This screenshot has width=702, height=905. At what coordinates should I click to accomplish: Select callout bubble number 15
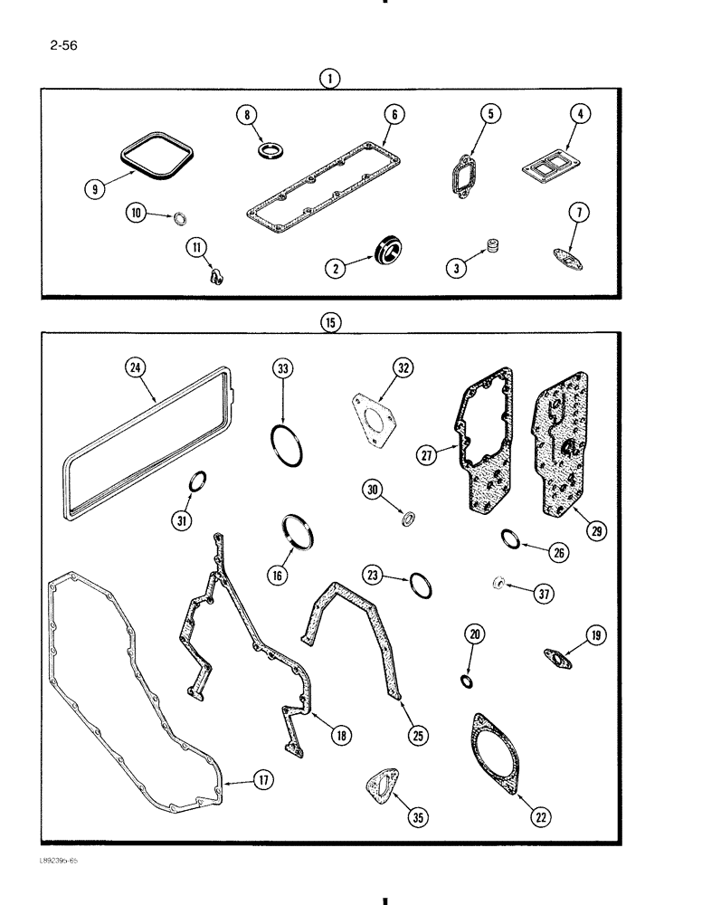(331, 322)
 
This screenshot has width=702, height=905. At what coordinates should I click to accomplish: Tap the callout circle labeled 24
(135, 367)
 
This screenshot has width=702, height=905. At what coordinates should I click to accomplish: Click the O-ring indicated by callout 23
(419, 586)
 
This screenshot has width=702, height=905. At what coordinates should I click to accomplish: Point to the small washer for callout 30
(409, 519)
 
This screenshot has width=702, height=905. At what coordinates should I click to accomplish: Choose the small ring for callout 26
(510, 540)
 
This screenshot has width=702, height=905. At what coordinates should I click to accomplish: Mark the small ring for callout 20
(467, 681)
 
